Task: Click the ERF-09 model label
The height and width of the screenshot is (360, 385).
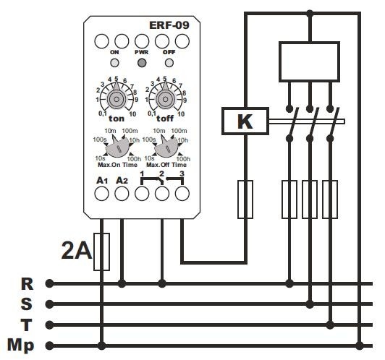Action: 169,25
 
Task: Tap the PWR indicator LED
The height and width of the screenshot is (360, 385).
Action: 142,63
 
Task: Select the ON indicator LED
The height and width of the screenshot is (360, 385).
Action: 114,63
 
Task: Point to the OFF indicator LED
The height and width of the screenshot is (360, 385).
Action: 169,63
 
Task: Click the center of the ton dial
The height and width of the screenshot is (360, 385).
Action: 117,99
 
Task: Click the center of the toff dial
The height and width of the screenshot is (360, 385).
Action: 165,99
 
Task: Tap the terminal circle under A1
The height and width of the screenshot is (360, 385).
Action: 101,194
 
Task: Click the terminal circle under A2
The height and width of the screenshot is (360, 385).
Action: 122,194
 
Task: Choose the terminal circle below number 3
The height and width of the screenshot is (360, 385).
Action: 182,194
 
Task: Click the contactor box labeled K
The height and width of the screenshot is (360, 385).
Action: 245,121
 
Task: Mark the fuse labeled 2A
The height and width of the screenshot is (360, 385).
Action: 101,252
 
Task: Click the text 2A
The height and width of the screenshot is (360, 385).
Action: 77,251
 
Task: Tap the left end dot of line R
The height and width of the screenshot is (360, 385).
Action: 50,283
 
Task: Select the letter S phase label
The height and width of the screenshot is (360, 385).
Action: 27,304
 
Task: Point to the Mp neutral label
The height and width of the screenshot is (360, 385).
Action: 20,346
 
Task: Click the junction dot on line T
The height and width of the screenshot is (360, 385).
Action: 330,325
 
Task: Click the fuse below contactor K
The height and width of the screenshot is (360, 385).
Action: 245,199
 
